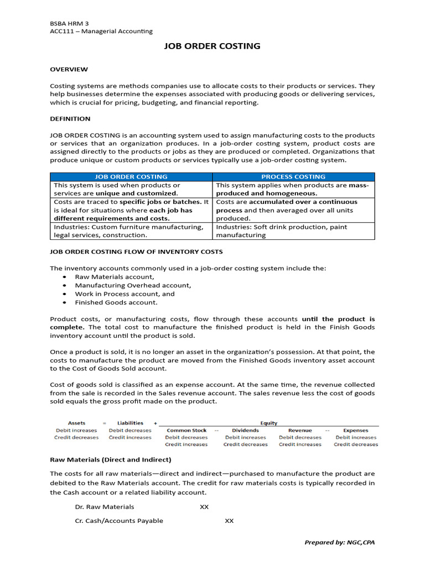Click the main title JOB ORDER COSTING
tap(212, 46)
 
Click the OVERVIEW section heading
tap(69, 69)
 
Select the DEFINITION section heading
tap(70, 118)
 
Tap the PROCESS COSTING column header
tap(293, 177)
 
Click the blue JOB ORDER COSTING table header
tap(131, 177)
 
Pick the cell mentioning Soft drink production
tap(293, 230)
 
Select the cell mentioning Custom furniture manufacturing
tap(131, 230)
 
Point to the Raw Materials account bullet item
tap(115, 276)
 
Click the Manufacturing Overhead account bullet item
tap(133, 285)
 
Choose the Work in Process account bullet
tap(125, 294)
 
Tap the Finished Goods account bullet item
tap(116, 302)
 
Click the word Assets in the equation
tap(76, 423)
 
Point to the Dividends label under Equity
tap(245, 430)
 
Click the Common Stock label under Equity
tap(186, 430)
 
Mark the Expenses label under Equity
tap(355, 430)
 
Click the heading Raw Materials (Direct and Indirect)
tap(111, 459)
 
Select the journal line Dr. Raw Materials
tap(105, 506)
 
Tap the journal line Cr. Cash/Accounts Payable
tap(119, 521)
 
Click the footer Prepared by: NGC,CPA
tap(339, 542)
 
